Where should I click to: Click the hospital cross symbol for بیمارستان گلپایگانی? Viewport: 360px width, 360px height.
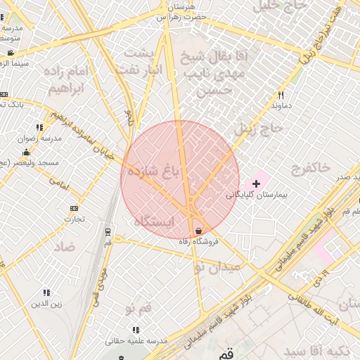(256, 183)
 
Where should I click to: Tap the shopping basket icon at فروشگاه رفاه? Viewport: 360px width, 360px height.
(199, 231)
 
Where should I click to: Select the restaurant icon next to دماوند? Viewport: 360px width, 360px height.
(281, 95)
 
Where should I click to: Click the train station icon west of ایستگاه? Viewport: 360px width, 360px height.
(108, 231)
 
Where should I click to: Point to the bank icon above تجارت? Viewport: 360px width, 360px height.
(74, 209)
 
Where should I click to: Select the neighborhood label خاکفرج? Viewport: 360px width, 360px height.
(309, 167)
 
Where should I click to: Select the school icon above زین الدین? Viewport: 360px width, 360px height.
(46, 292)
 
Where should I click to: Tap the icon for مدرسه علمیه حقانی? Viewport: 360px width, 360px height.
(135, 329)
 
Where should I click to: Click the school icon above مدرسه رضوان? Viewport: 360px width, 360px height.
(39, 127)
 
